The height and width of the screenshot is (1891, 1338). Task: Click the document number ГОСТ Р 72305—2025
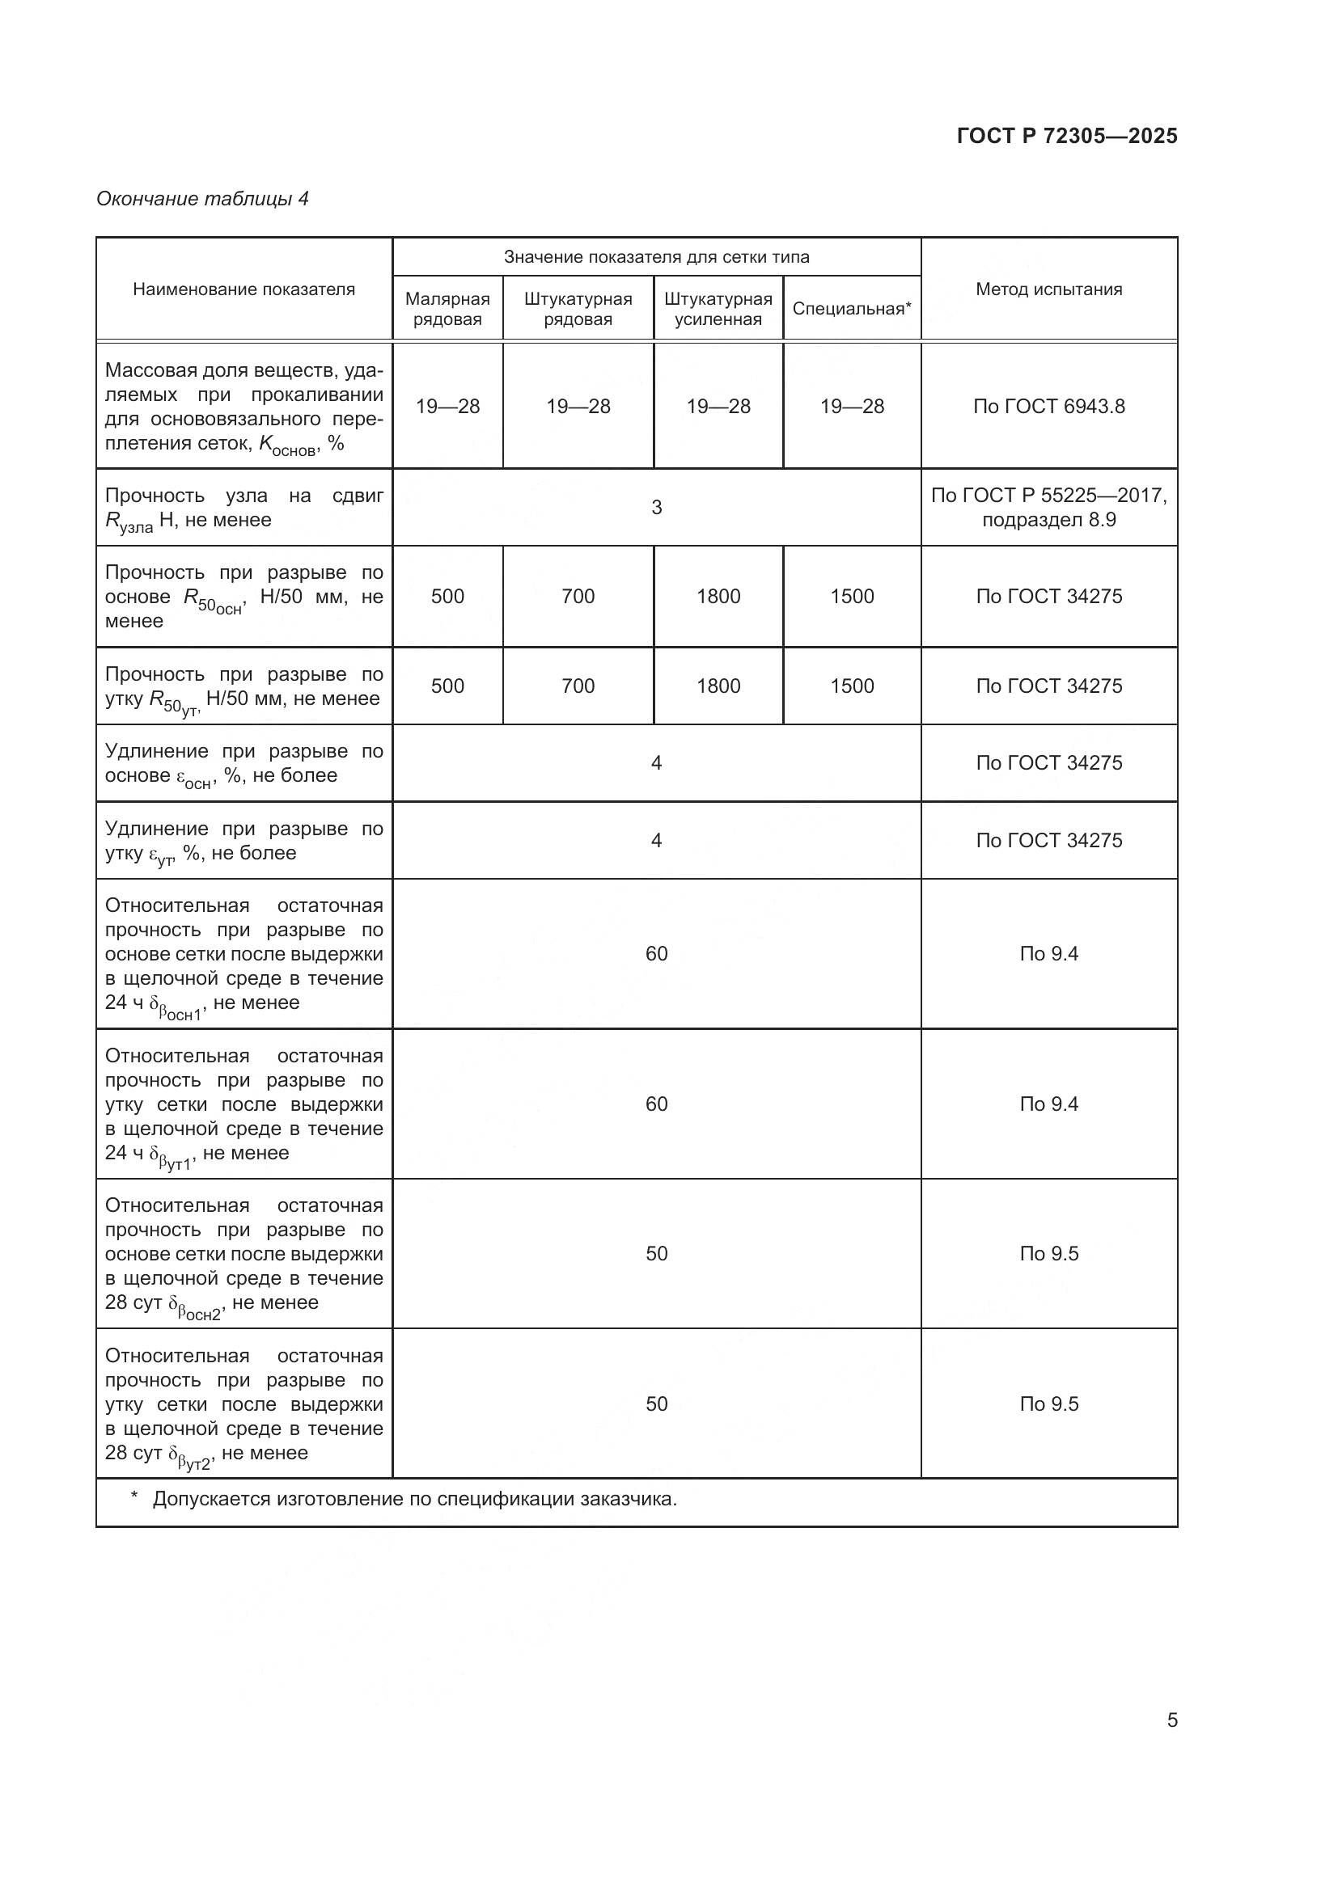1066,136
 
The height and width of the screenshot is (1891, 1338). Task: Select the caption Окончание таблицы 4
202,199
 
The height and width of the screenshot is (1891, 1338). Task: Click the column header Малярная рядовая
447,309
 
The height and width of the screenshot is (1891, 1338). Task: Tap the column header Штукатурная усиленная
718,309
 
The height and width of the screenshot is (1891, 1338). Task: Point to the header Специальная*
851,309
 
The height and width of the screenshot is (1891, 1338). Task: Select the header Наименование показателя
243,289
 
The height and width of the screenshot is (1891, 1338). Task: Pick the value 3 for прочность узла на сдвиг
656,508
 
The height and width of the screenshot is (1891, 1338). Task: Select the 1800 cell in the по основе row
718,597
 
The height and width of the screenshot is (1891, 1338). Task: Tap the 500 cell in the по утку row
447,686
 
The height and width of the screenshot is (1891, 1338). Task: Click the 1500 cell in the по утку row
851,686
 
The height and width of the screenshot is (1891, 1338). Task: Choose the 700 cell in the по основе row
578,597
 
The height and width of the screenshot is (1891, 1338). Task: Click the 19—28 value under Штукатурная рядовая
578,406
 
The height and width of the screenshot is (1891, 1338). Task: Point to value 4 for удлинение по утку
656,840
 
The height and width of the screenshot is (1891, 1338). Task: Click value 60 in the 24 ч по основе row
656,954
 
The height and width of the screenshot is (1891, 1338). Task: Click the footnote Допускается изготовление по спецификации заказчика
413,1499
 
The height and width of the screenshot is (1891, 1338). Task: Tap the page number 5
1171,1720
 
